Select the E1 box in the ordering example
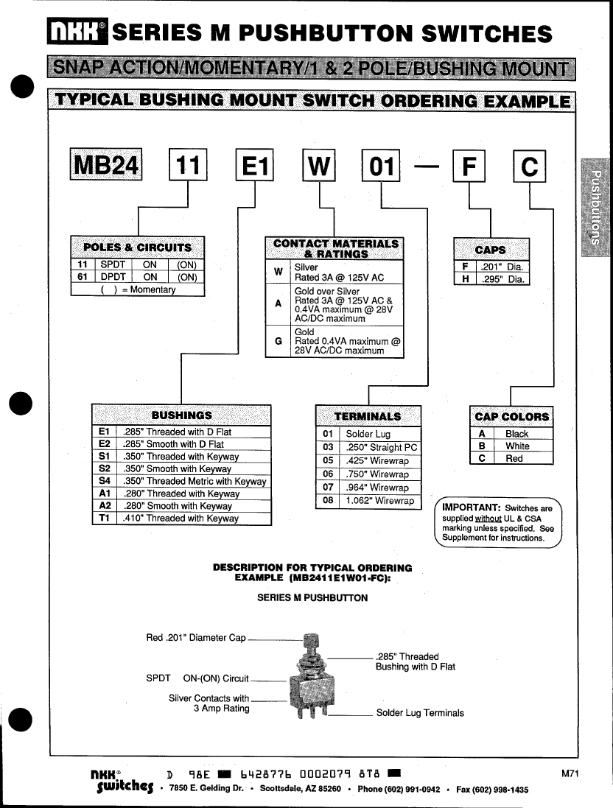tap(253, 166)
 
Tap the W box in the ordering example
tap(319, 166)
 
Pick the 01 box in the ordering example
tap(381, 166)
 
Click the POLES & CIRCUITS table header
tap(137, 247)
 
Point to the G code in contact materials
tap(278, 341)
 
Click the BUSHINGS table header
tap(181, 415)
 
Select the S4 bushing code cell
tap(104, 481)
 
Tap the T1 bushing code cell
tap(104, 518)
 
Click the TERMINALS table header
tap(368, 416)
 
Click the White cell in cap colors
tap(517, 446)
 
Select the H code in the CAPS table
tap(465, 279)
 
